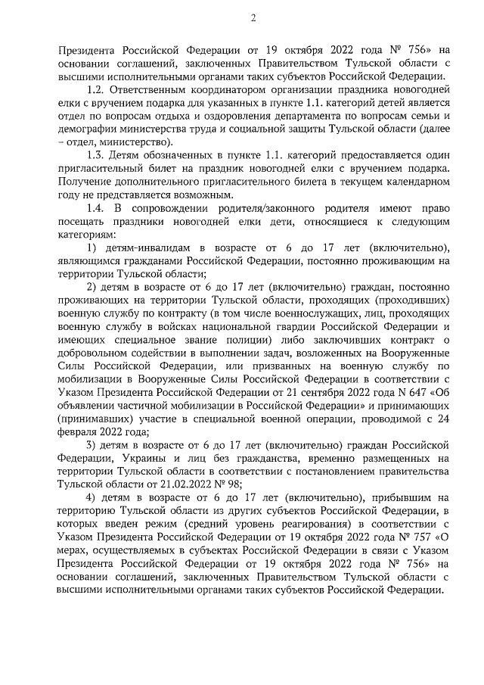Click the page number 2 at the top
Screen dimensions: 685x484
tap(254, 18)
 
